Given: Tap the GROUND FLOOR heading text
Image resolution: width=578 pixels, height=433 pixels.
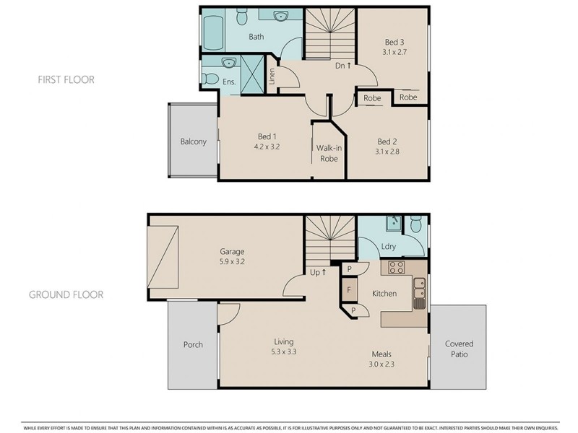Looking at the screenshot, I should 66,294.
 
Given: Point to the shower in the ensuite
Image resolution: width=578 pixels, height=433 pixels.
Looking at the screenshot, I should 251,73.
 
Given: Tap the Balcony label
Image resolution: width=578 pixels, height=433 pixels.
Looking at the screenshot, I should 193,141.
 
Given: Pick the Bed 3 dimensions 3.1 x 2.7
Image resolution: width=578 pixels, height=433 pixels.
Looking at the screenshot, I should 394,52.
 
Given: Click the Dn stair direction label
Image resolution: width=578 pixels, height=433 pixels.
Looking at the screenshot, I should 343,66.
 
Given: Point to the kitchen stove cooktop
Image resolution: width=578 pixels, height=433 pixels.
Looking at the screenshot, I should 396,268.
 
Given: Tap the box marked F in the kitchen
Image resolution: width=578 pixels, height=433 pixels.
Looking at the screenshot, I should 350,291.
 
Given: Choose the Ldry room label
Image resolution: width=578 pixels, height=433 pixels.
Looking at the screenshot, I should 388,247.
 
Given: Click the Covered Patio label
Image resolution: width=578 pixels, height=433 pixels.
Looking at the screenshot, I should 459,349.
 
